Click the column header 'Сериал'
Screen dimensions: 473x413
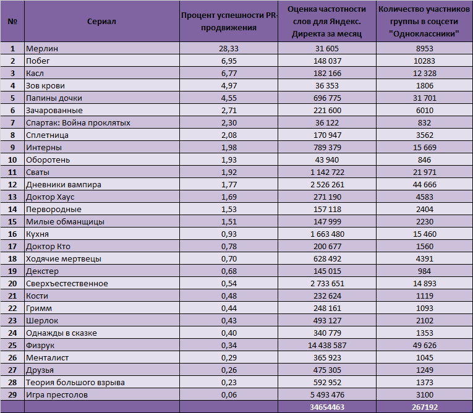[101, 22]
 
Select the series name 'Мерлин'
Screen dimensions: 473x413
[42, 49]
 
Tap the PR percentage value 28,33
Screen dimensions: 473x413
[229, 49]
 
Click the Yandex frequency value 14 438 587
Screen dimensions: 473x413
[327, 346]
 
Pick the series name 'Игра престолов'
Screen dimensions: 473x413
[57, 395]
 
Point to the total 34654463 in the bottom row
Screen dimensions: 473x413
[327, 407]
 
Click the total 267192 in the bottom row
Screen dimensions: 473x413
[424, 407]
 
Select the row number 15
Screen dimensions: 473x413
[12, 222]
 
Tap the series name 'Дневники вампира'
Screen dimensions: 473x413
[64, 185]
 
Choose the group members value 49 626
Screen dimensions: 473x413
[424, 346]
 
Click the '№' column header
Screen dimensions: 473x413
[12, 22]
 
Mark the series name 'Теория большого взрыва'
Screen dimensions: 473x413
[75, 383]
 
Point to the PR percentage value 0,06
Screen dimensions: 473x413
[229, 395]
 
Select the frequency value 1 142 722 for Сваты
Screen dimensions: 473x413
[327, 172]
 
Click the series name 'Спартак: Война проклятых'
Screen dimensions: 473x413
[78, 123]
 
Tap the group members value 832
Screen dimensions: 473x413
[424, 123]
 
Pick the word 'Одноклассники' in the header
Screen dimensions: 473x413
[424, 34]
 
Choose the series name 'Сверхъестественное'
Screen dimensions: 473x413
[67, 284]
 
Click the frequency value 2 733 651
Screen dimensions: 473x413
[327, 284]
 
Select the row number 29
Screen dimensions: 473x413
[12, 395]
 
